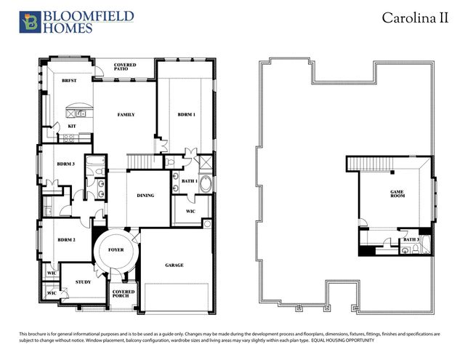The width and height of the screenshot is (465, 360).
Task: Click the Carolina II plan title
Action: [416, 19]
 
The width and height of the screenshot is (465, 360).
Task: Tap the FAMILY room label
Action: [126, 115]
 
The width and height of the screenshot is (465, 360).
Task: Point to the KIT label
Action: [72, 126]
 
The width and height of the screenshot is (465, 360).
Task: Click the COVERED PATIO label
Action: [125, 68]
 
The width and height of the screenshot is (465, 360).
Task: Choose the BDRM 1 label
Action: [187, 115]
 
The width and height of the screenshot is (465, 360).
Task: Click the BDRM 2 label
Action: [66, 239]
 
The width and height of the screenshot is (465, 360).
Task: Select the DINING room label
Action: [145, 195]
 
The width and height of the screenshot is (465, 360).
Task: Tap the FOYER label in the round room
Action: [116, 250]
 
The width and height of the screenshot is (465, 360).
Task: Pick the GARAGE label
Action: [174, 265]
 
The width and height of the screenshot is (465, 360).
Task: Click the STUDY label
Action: [83, 282]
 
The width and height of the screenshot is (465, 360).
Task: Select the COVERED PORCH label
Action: [124, 295]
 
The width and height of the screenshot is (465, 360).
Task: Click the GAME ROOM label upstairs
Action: [397, 194]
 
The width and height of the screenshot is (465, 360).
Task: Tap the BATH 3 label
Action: [411, 239]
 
